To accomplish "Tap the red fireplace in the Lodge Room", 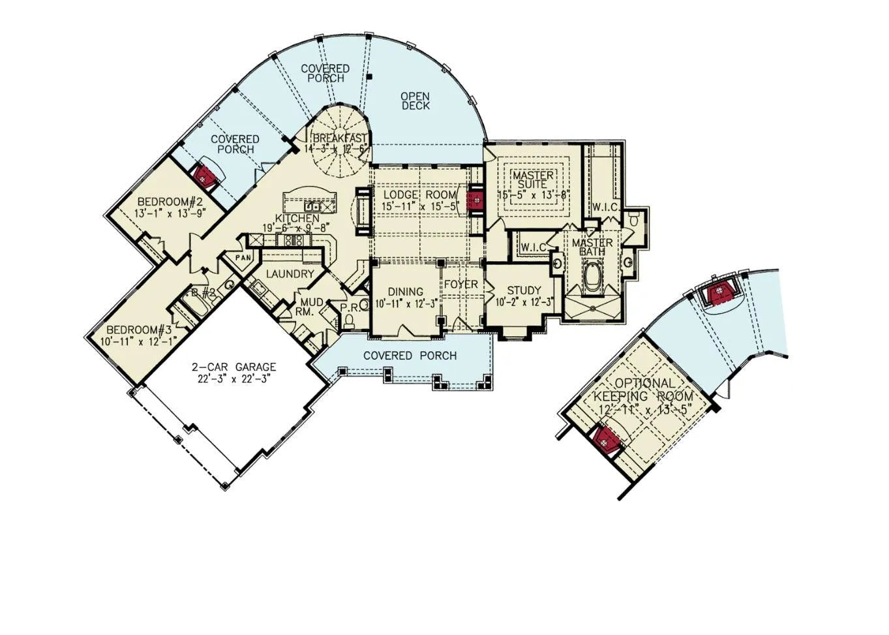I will (475, 199).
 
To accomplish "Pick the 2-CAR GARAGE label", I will (234, 367).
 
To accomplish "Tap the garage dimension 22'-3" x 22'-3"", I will (234, 378).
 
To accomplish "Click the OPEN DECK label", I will (415, 101).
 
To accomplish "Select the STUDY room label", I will (524, 290).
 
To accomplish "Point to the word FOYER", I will (460, 285).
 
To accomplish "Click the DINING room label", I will (405, 292).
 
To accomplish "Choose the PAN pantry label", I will (243, 257).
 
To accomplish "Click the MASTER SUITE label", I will (533, 180).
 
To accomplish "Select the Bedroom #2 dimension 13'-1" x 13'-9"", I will (170, 213).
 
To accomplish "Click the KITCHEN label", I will (297, 218).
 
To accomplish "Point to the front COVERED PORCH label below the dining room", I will (410, 356).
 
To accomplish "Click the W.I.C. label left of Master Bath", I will (533, 247).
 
